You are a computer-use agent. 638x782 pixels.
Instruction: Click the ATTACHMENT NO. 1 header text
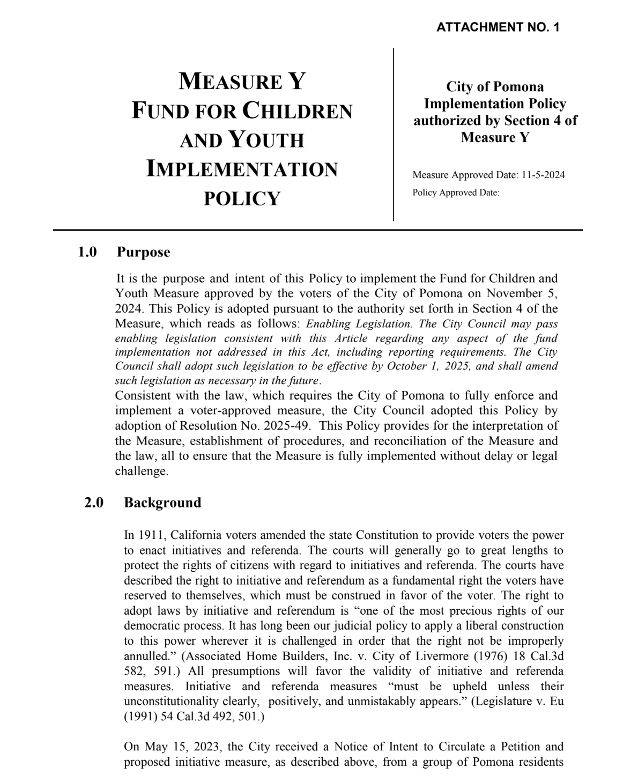[498, 27]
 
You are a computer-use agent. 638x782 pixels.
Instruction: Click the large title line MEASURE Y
[242, 82]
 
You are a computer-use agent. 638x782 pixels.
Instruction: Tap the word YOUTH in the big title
[266, 140]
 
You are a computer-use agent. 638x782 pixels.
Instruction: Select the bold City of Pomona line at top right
[495, 87]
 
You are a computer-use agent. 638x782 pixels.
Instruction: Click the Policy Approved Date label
[456, 193]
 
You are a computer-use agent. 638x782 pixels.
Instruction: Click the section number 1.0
[87, 252]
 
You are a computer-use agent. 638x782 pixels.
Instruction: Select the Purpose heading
[144, 252]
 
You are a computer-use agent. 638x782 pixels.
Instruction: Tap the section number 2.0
[94, 503]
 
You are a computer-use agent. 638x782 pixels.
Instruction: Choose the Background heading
[162, 503]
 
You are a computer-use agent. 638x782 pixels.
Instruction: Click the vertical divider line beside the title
[394, 134]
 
